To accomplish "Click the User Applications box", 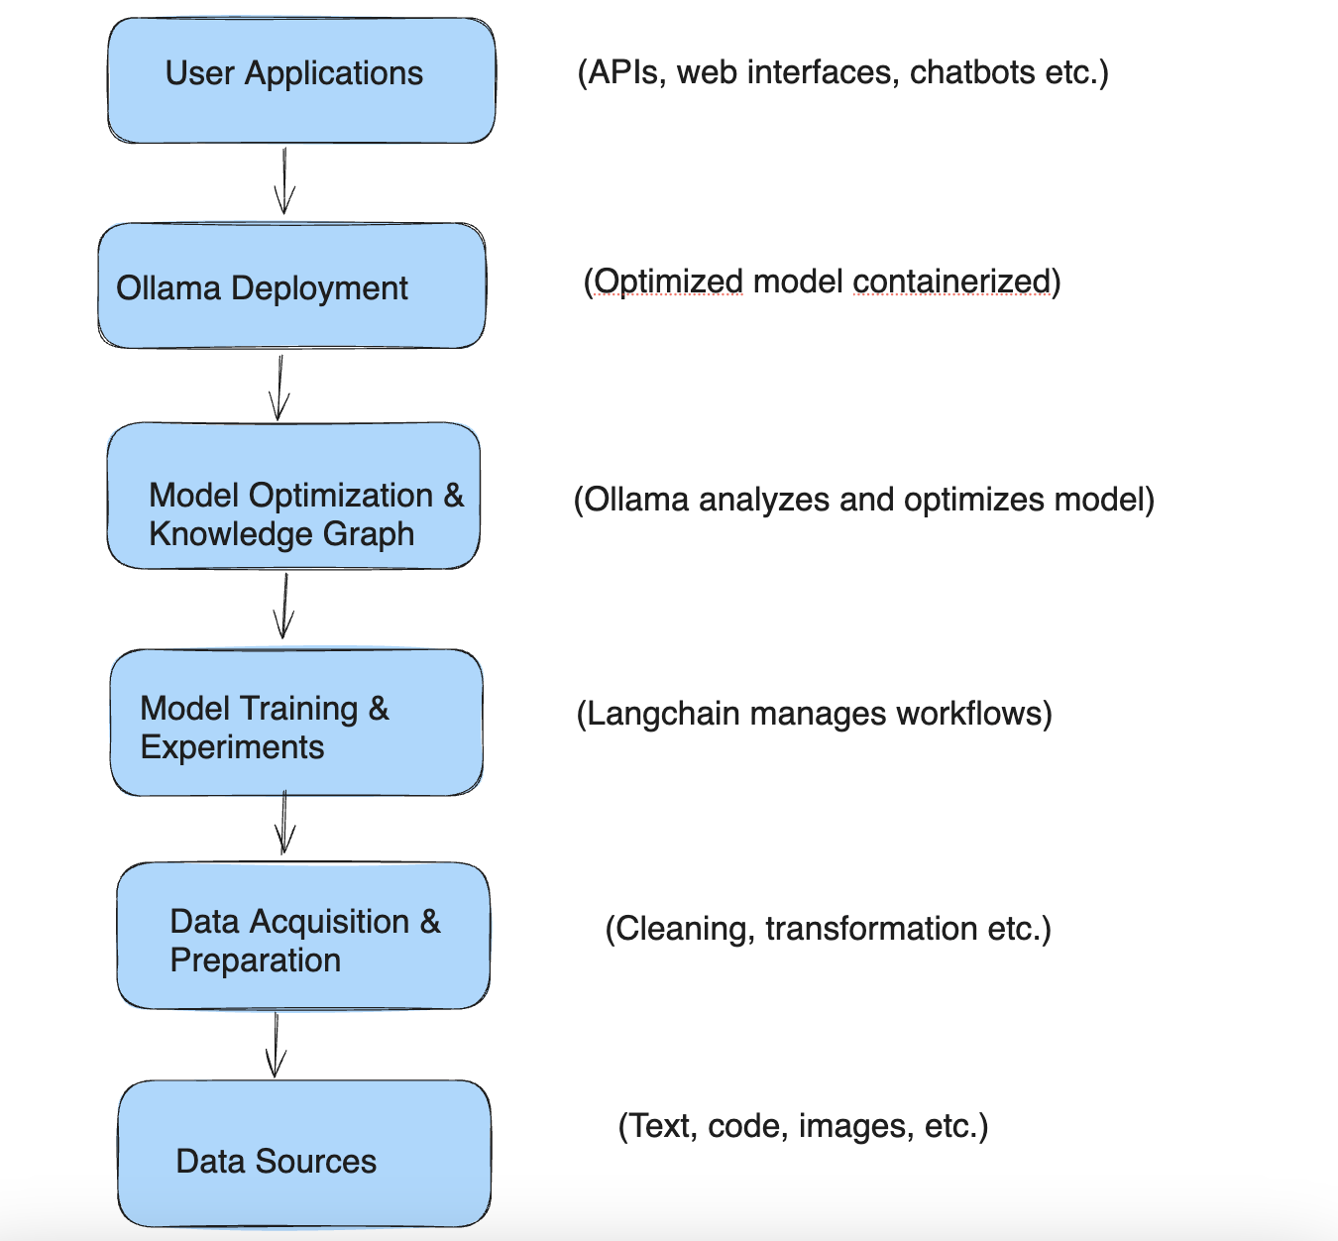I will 301,80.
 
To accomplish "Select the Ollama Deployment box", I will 291,285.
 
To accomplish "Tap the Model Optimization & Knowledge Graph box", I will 293,496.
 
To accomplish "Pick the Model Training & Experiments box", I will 296,723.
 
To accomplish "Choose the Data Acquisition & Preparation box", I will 303,936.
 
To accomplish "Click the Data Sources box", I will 304,1154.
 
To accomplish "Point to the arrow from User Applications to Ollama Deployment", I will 284,181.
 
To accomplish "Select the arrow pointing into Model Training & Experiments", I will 284,607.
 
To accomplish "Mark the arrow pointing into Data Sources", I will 276,1045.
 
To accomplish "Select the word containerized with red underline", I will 950,282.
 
